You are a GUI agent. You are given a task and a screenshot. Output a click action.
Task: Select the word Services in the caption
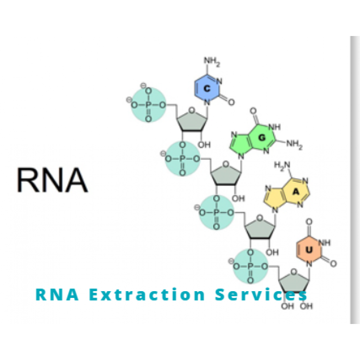pyautogui.click(x=261, y=295)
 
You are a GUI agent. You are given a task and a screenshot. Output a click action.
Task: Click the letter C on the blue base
pyautogui.click(x=207, y=89)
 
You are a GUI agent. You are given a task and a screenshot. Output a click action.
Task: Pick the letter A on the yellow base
pyautogui.click(x=296, y=191)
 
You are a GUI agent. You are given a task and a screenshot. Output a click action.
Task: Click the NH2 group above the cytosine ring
pyautogui.click(x=212, y=60)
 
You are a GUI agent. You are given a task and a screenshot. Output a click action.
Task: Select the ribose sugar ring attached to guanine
pyautogui.click(x=228, y=174)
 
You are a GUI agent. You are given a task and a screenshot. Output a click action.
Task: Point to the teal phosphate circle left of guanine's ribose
pyautogui.click(x=183, y=158)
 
